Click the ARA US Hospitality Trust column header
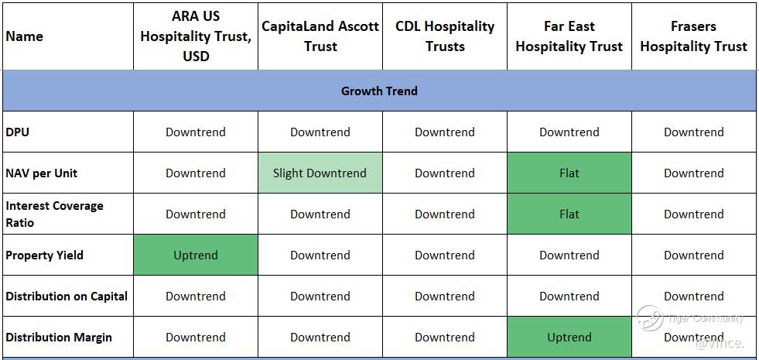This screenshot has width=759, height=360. click(x=196, y=36)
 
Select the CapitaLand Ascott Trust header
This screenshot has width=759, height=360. click(x=320, y=36)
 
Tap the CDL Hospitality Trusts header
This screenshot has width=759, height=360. click(x=445, y=36)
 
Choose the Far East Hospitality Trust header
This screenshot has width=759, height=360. click(x=569, y=36)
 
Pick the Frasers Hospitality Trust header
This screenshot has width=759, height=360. click(x=694, y=36)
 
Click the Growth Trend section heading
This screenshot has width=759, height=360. click(x=379, y=91)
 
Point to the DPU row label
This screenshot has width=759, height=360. click(x=18, y=132)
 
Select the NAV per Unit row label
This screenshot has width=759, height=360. click(x=42, y=173)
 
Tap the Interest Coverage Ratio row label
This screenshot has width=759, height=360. click(x=54, y=214)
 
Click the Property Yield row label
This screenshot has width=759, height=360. click(x=45, y=255)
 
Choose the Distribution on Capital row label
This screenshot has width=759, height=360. click(x=67, y=296)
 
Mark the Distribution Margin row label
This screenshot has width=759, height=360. click(x=59, y=338)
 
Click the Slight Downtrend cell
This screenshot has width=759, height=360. click(x=320, y=173)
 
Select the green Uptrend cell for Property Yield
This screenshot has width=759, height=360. click(x=196, y=255)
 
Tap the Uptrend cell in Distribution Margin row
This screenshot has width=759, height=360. click(x=569, y=338)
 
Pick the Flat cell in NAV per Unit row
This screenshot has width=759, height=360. click(x=569, y=173)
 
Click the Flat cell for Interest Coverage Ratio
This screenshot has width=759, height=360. click(x=569, y=214)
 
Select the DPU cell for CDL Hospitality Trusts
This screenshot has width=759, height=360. click(x=445, y=132)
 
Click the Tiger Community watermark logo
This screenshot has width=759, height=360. click(x=650, y=318)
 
